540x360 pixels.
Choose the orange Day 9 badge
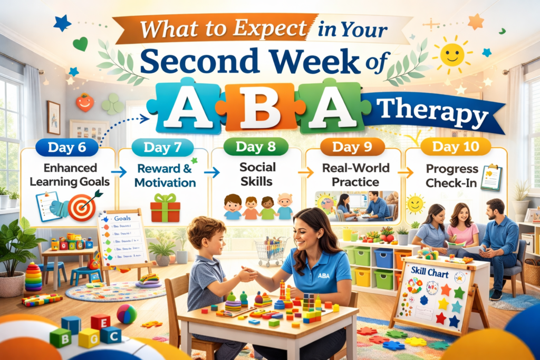click(345, 147)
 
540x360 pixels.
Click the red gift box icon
click(165, 208)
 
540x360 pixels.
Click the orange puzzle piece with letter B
click(253, 109)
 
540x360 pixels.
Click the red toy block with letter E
click(100, 321)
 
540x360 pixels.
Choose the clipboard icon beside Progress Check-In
click(491, 178)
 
